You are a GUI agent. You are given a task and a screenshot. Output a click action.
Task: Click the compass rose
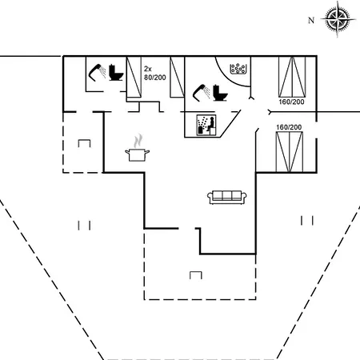coord(338,19)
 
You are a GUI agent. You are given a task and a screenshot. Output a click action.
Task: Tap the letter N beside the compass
coord(311,20)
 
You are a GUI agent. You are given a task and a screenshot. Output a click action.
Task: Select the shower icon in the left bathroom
coord(97,72)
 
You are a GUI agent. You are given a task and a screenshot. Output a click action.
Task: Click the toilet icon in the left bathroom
coord(116,73)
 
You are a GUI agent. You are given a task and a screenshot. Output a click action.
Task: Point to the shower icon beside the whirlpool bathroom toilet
coord(201,93)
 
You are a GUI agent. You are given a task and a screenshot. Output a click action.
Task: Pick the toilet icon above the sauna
coord(220,93)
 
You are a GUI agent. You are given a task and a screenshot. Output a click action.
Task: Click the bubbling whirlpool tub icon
coord(238,69)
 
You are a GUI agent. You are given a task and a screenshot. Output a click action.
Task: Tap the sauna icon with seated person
coord(206,125)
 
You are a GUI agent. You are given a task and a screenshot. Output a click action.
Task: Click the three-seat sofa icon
coord(227,198)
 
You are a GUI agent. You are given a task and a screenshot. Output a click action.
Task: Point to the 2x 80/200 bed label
coord(154,73)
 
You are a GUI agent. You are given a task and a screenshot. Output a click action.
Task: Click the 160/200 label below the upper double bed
coord(291,102)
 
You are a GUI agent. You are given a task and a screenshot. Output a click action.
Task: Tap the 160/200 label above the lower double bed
coord(289,127)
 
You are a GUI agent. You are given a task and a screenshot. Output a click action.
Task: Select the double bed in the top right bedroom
coord(292,77)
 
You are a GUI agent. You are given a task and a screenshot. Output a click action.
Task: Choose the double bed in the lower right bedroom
coord(290,152)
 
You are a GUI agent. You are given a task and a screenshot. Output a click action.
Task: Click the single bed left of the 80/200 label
coord(134,77)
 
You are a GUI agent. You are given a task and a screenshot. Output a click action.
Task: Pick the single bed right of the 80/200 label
coord(177,77)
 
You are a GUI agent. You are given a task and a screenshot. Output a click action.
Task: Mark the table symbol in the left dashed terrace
coord(84,143)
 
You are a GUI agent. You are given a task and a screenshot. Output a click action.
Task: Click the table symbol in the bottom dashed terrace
coord(196,275)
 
